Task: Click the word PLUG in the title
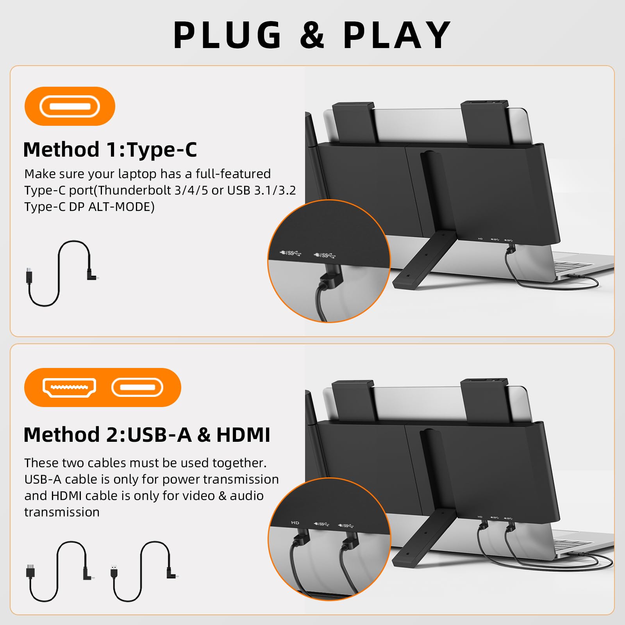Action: (x=227, y=35)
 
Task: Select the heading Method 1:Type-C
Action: (x=110, y=150)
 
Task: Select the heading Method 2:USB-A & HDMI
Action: (x=146, y=435)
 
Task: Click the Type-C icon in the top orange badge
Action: (x=70, y=106)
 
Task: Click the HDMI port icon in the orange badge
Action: (x=69, y=387)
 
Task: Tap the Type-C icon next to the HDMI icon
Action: (x=137, y=387)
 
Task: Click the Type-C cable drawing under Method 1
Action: (x=61, y=273)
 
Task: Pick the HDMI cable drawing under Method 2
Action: (x=59, y=570)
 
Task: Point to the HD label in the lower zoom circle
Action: (x=295, y=523)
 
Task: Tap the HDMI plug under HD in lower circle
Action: (x=301, y=539)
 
